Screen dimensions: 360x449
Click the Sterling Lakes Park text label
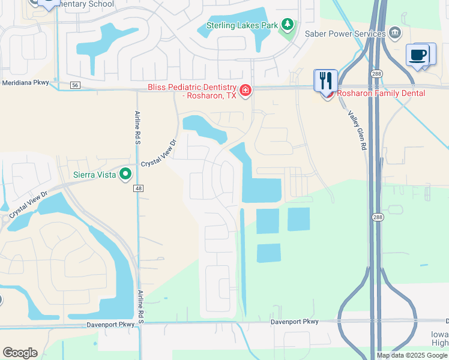click(242, 25)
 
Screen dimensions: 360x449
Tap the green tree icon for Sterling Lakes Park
click(288, 25)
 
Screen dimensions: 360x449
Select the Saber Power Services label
click(345, 34)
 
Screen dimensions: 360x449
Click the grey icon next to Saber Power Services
click(394, 32)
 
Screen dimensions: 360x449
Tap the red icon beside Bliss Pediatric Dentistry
click(245, 91)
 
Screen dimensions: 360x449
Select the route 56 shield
click(74, 86)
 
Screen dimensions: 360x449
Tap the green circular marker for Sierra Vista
click(125, 174)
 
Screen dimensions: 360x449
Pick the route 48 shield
click(139, 188)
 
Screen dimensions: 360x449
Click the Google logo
click(20, 353)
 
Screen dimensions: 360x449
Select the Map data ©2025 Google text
click(412, 355)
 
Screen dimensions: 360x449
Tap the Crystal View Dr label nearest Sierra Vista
click(159, 154)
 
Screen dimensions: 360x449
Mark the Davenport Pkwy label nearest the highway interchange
click(294, 322)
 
